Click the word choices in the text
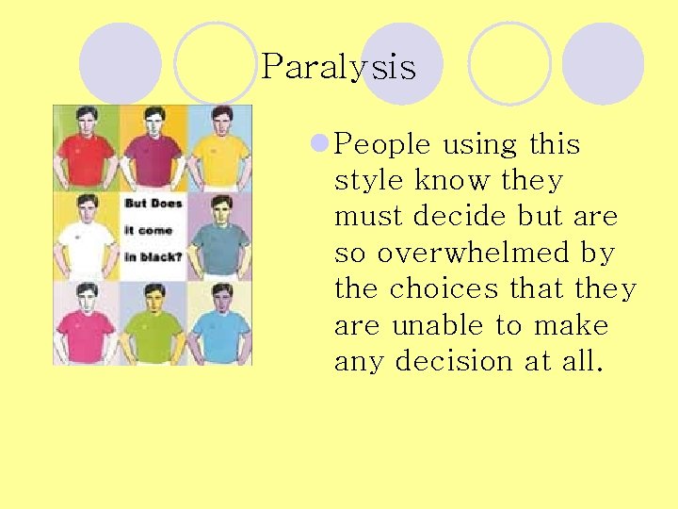click(x=435, y=289)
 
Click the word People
click(x=382, y=145)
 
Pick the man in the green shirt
click(x=153, y=320)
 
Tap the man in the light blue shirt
click(x=221, y=320)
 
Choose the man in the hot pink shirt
click(x=86, y=320)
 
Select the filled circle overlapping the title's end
click(x=402, y=64)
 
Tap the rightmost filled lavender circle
click(x=603, y=64)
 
